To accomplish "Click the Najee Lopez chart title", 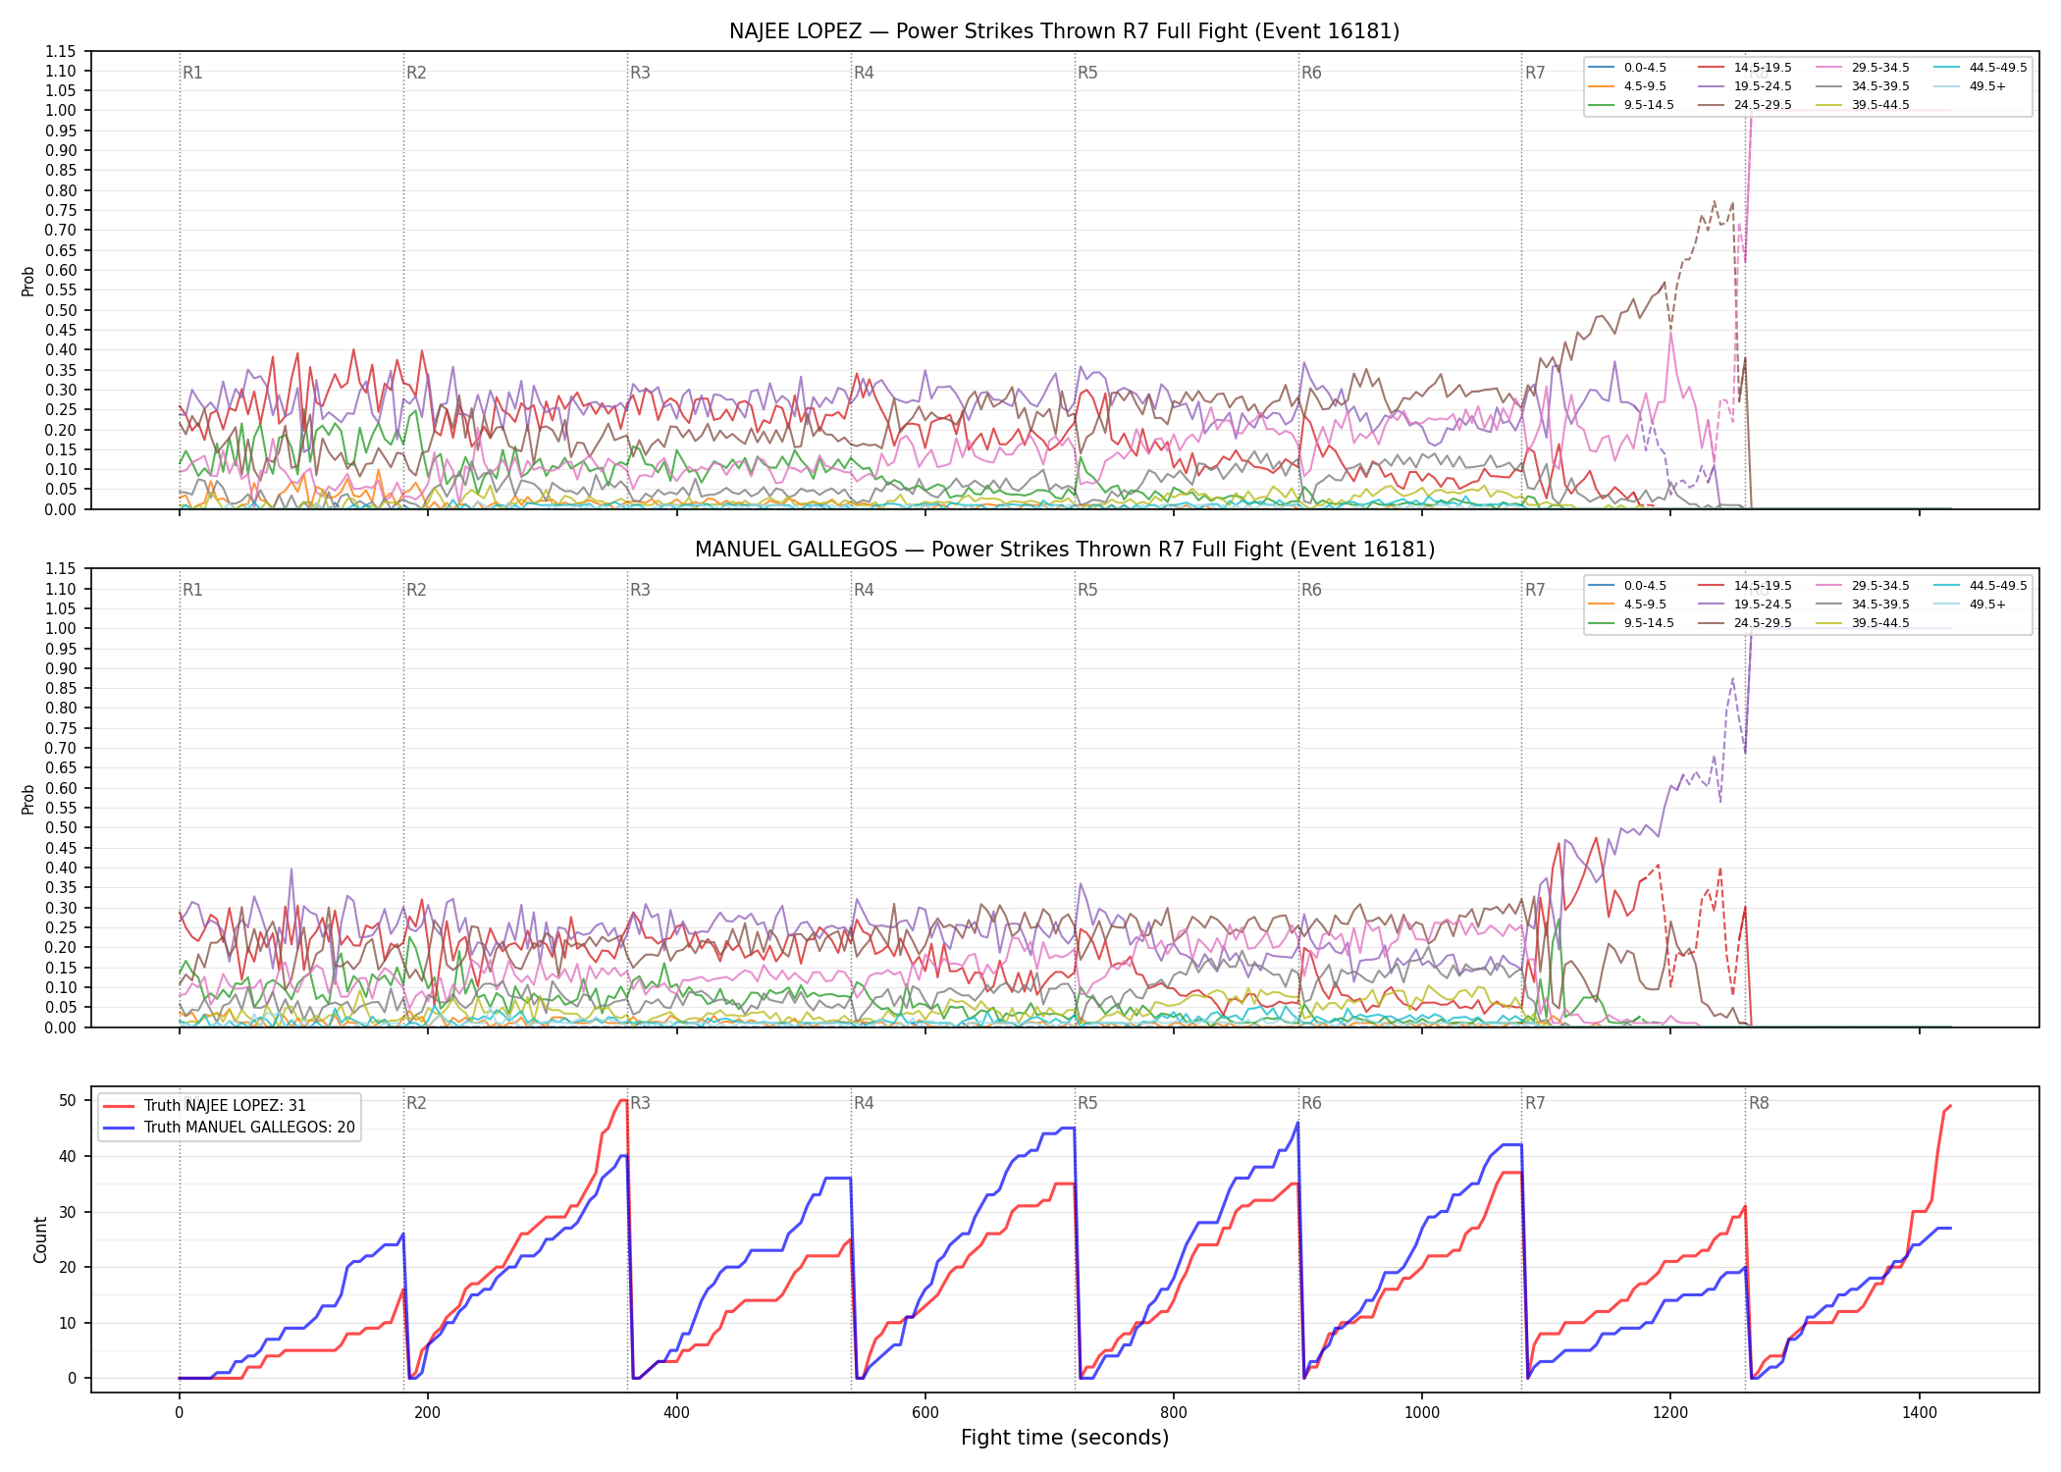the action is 1064,31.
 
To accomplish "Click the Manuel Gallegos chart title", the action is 1064,550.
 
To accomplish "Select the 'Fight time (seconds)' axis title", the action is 1065,1438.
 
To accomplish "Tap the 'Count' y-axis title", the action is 40,1239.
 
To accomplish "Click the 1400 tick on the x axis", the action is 1920,1413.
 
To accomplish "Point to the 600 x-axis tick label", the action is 925,1413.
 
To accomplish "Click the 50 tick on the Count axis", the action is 67,1100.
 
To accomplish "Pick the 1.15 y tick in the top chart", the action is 61,51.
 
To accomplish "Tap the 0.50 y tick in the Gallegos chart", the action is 61,827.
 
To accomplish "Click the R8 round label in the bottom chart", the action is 1759,1103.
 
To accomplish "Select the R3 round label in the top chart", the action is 640,73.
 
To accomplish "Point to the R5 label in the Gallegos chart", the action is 1087,590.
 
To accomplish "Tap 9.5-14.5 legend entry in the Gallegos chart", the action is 1631,623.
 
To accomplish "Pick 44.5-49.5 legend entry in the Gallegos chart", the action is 1981,586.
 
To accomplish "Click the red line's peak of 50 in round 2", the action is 623,1100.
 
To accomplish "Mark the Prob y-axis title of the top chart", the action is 28,281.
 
